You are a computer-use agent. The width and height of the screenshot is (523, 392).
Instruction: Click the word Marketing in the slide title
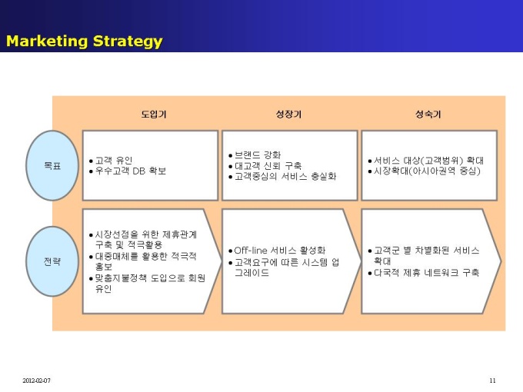(47, 41)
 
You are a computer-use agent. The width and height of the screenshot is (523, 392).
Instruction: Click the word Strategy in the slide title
(128, 42)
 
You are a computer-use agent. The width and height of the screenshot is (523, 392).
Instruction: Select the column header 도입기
(153, 115)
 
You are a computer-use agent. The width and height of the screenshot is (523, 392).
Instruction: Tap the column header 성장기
(288, 115)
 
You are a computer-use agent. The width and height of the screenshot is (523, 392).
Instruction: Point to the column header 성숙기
(428, 115)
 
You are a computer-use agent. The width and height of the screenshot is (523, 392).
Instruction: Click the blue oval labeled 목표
(52, 165)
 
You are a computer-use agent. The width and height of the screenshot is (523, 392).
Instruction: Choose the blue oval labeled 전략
(52, 261)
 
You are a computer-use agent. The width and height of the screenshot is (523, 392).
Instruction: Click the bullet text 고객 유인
(114, 161)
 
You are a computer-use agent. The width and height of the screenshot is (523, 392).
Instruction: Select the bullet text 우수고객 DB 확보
(131, 171)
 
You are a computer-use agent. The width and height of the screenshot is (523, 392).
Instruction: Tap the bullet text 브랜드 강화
(258, 155)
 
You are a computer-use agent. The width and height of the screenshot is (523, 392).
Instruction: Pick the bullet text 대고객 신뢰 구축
(268, 166)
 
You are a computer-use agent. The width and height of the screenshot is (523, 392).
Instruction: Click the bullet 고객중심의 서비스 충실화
(285, 176)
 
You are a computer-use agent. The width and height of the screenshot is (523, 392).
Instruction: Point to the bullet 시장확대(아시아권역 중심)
(427, 171)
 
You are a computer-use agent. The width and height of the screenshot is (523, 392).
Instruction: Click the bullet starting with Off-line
(279, 251)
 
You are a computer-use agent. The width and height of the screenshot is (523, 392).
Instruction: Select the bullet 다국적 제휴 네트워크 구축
(426, 273)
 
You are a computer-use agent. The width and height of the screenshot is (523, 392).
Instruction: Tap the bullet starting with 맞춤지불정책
(150, 284)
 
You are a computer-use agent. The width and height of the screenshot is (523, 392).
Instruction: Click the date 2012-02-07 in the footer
(36, 380)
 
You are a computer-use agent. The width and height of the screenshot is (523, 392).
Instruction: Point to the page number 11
(492, 380)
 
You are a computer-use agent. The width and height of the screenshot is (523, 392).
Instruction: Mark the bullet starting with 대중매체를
(146, 261)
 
